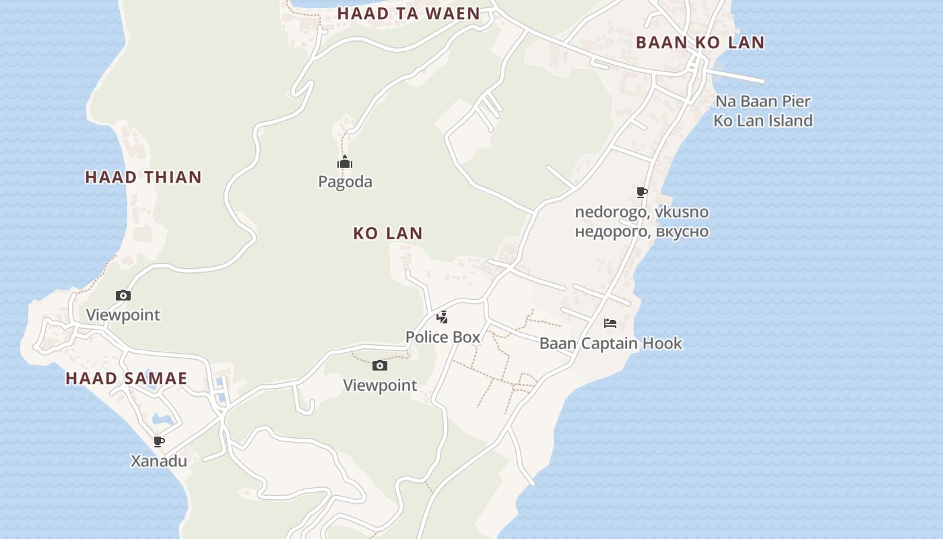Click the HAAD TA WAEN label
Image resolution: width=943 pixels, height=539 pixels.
point(408,13)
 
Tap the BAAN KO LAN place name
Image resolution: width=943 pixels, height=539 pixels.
point(700,42)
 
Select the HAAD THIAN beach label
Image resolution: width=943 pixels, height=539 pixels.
point(143,177)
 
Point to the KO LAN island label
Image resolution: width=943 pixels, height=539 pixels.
point(388,233)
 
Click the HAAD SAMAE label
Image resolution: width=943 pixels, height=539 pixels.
point(126,379)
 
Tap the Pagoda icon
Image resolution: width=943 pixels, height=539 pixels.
point(345,162)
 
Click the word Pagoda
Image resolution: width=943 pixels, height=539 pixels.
point(345,182)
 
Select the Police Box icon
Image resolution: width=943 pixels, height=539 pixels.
point(442,317)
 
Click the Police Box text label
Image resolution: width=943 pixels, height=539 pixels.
point(443,337)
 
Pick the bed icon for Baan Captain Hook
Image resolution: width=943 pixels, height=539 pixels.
point(610,323)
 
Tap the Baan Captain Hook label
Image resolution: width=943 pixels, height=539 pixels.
point(610,344)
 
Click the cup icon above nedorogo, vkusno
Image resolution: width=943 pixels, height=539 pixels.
point(642,193)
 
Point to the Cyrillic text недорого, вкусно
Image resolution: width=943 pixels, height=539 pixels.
point(641,232)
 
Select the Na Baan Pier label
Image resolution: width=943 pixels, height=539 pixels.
point(762,102)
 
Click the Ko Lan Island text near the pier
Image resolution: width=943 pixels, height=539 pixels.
point(762,121)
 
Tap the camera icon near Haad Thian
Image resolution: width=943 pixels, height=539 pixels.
point(123,295)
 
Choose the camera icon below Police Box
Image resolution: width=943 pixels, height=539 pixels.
point(380,366)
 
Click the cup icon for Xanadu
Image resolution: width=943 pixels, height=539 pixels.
point(159,441)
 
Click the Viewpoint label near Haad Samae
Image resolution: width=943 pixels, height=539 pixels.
point(123,315)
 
